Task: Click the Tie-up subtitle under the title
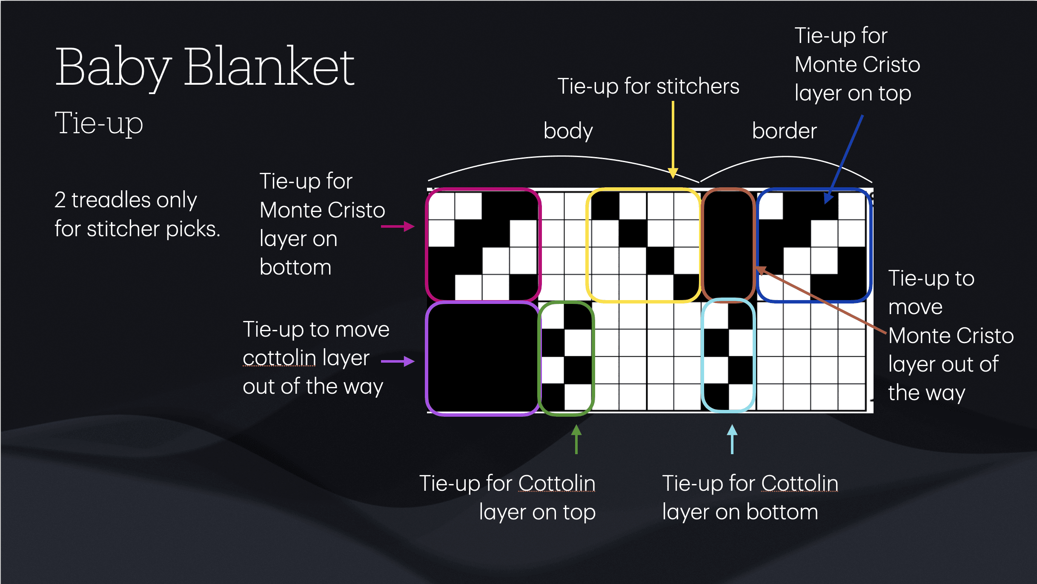pyautogui.click(x=99, y=123)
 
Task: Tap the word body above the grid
pyautogui.click(x=568, y=131)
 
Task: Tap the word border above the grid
pyautogui.click(x=784, y=131)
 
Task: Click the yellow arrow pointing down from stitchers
pyautogui.click(x=673, y=140)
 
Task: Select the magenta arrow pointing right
pyautogui.click(x=398, y=226)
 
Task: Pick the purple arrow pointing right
pyautogui.click(x=398, y=361)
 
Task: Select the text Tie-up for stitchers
pyautogui.click(x=648, y=86)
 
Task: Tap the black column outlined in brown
pyautogui.click(x=728, y=245)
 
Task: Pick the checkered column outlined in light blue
pyautogui.click(x=728, y=355)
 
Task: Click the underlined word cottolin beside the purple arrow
pyautogui.click(x=279, y=358)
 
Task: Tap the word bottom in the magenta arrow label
pyautogui.click(x=295, y=267)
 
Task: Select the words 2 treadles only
pyautogui.click(x=126, y=200)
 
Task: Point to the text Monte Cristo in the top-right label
pyautogui.click(x=857, y=65)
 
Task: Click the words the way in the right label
pyautogui.click(x=926, y=393)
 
